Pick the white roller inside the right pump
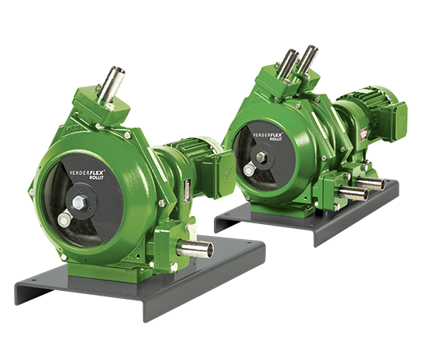[249, 169]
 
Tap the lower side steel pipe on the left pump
[196, 250]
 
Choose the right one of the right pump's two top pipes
[305, 59]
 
